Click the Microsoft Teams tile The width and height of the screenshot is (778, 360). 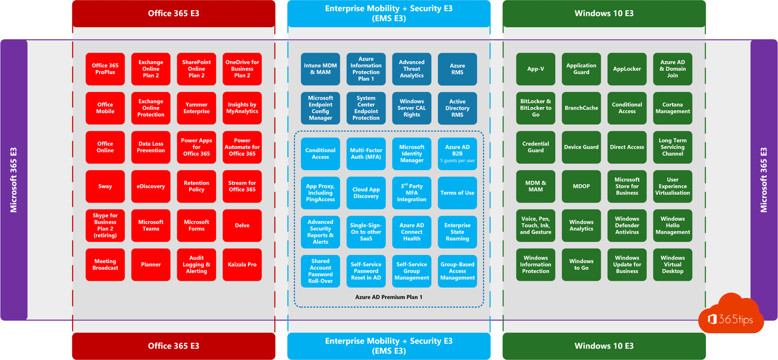(x=151, y=225)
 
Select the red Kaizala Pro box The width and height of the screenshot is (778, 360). (x=242, y=265)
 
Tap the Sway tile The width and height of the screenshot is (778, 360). (x=105, y=186)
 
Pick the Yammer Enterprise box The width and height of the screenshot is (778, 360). (x=196, y=108)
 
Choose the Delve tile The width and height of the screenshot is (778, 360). (x=242, y=225)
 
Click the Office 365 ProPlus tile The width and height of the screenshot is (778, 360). (x=105, y=69)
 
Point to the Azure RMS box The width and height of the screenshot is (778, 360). (x=457, y=69)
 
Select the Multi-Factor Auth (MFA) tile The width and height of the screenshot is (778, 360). (x=366, y=154)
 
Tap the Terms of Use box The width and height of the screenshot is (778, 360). (x=457, y=193)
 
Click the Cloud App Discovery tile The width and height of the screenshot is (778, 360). (x=366, y=193)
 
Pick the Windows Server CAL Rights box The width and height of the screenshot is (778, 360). (x=412, y=108)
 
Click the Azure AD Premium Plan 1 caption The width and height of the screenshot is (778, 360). (x=389, y=297)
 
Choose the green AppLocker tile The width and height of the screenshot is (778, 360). (x=627, y=69)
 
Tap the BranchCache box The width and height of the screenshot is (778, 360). (x=581, y=108)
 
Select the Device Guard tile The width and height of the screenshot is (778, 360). (x=581, y=147)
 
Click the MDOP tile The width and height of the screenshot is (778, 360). (x=581, y=186)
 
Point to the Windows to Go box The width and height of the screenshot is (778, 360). (x=581, y=265)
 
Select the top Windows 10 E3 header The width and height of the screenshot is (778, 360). (x=604, y=14)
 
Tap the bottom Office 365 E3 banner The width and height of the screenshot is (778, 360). (x=173, y=346)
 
